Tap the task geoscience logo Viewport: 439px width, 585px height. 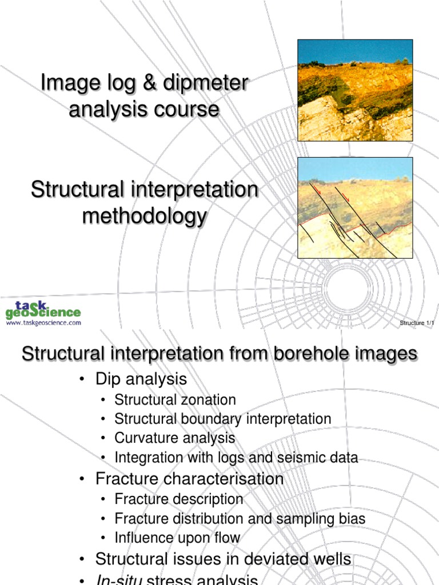[43, 308]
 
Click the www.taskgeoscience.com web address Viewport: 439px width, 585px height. [43, 323]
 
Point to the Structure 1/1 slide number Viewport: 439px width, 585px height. [417, 323]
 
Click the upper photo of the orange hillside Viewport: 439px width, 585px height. [355, 90]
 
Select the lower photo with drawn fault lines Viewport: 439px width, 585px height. [355, 208]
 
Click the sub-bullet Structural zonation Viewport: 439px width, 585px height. [175, 400]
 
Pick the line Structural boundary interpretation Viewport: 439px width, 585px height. [222, 419]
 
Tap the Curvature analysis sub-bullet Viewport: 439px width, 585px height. [174, 438]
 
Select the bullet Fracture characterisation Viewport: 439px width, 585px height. [189, 478]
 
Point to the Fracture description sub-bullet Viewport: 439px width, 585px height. [178, 499]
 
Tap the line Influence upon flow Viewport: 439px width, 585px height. [177, 538]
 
